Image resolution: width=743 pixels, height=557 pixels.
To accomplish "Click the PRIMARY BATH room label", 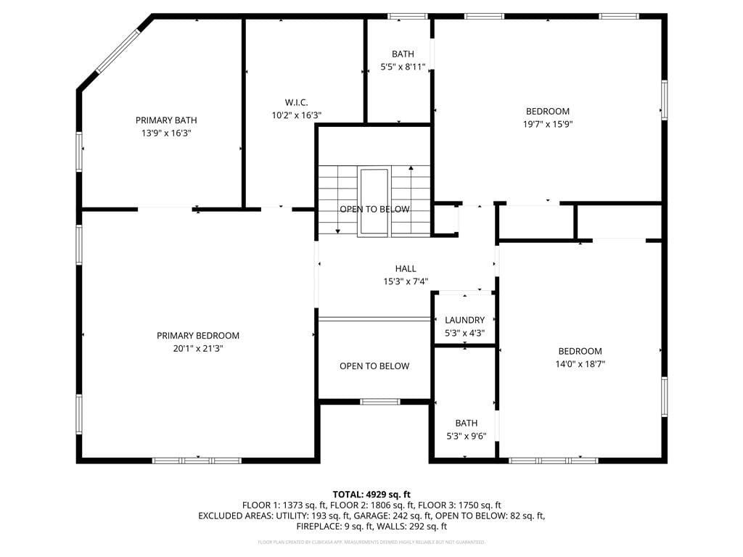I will tap(166, 120).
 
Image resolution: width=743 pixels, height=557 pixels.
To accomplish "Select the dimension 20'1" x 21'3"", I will tap(198, 348).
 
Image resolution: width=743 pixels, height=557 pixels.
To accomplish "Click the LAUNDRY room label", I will tap(464, 320).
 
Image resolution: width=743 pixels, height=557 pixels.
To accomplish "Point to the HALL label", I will tap(406, 269).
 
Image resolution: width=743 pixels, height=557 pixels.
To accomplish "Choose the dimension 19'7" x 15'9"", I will tap(548, 124).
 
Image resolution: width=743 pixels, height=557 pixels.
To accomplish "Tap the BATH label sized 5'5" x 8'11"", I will tap(403, 54).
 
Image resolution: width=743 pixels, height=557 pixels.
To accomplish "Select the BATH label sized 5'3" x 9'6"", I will tap(466, 423).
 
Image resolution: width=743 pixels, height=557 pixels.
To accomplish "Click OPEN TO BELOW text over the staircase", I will tap(374, 210).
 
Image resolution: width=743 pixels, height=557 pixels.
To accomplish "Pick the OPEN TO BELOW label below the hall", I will tap(374, 366).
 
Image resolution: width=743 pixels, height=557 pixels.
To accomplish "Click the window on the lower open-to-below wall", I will tap(380, 402).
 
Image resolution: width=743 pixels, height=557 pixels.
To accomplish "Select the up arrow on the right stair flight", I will tap(411, 169).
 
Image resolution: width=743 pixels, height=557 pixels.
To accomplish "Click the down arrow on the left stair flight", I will tap(337, 230).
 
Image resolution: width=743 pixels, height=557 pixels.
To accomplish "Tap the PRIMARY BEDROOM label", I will tap(198, 336).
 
